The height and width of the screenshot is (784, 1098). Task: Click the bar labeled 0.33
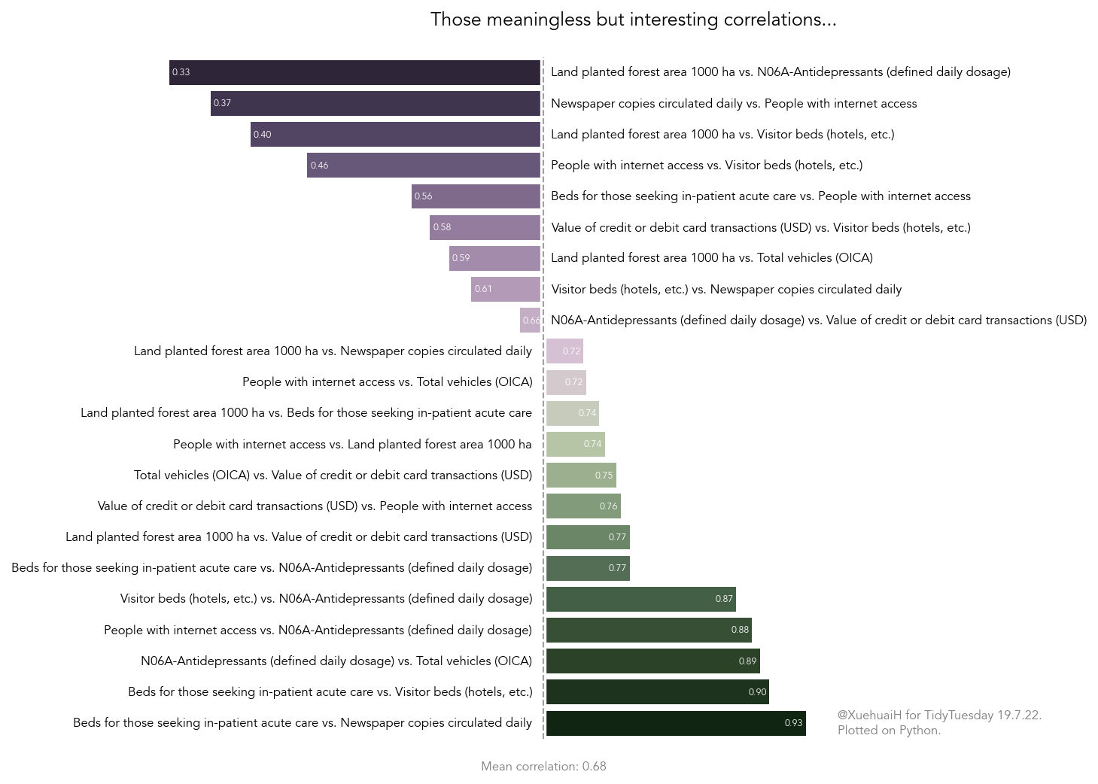pyautogui.click(x=354, y=73)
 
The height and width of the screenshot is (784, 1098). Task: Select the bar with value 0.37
pyautogui.click(x=376, y=104)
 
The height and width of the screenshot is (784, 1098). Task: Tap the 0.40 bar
pyautogui.click(x=395, y=135)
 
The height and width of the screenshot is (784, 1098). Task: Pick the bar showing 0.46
pyautogui.click(x=424, y=166)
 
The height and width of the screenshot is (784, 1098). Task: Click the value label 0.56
pyautogui.click(x=424, y=196)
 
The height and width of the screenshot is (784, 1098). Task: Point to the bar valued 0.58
pyautogui.click(x=485, y=227)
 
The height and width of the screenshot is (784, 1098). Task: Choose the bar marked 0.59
pyautogui.click(x=494, y=258)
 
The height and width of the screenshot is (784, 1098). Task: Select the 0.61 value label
pyautogui.click(x=483, y=289)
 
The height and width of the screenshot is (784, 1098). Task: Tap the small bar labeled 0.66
pyautogui.click(x=530, y=321)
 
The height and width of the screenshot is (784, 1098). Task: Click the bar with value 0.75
pyautogui.click(x=581, y=476)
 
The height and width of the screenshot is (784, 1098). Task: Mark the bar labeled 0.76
pyautogui.click(x=583, y=506)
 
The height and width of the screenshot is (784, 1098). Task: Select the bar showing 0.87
pyautogui.click(x=640, y=600)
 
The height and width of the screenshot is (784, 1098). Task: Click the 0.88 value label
pyautogui.click(x=740, y=630)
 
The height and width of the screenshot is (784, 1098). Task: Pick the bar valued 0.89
pyautogui.click(x=652, y=661)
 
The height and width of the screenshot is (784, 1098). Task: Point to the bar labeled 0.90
pyautogui.click(x=657, y=692)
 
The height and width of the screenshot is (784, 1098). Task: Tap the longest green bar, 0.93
pyautogui.click(x=676, y=723)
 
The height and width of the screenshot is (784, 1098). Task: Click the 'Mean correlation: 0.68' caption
pyautogui.click(x=543, y=766)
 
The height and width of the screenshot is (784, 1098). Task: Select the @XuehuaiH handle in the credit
pyautogui.click(x=869, y=715)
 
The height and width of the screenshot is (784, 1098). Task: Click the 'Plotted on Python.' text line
pyautogui.click(x=889, y=730)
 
